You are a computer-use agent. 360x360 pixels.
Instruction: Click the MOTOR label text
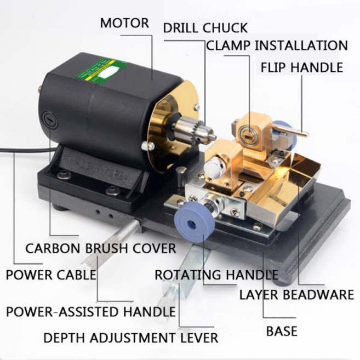coord(124,23)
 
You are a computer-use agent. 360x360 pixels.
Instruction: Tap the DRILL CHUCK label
coord(205,28)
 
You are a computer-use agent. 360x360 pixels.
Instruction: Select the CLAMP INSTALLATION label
coord(277,45)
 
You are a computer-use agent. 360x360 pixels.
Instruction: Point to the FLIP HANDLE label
coord(302,67)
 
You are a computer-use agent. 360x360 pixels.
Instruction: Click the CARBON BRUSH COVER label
coord(101,248)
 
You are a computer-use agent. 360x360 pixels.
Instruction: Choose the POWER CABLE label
coord(51,275)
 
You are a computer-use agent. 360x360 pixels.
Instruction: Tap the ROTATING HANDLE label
coord(216,275)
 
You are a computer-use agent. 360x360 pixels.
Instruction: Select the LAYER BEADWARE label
coord(296,295)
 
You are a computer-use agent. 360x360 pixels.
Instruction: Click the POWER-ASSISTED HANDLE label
coord(91,312)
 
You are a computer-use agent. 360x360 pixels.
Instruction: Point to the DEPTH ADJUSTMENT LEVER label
coord(131,338)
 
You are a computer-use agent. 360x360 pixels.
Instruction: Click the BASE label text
coord(282,331)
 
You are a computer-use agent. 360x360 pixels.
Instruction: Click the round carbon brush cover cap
coord(50,119)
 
